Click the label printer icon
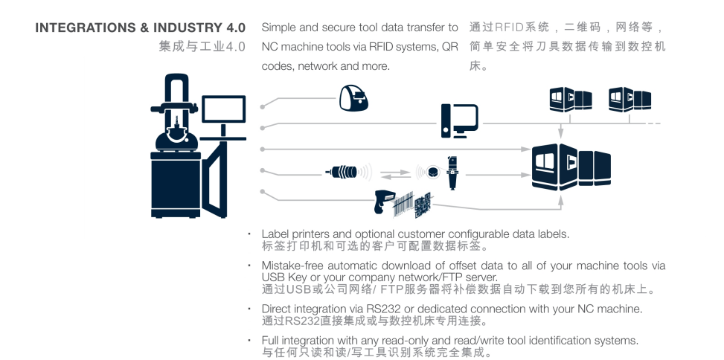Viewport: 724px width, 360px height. point(354,97)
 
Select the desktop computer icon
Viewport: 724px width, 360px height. point(459,120)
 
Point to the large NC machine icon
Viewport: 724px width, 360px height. point(571,167)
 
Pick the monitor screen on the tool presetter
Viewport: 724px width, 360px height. point(223,109)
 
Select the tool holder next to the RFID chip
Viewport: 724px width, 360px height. point(451,172)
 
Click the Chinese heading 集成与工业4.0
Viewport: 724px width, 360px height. point(202,47)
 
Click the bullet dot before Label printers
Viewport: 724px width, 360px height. point(249,234)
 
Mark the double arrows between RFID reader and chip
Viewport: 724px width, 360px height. point(394,174)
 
